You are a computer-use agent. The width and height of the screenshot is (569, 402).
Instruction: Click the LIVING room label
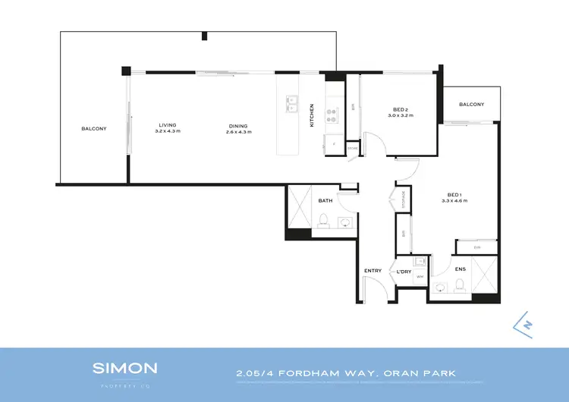point(168,125)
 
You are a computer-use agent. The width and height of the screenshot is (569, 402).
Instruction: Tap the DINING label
point(238,125)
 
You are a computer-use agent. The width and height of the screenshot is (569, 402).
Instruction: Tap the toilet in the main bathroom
point(323,221)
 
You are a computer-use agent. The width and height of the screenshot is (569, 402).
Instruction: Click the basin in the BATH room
point(344,223)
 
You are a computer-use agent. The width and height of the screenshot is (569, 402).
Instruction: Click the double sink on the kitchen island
point(291,104)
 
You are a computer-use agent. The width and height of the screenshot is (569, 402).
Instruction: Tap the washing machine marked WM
point(418,278)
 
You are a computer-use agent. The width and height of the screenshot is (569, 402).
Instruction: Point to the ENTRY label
point(373,271)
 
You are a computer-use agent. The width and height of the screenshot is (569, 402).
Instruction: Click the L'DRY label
point(404,271)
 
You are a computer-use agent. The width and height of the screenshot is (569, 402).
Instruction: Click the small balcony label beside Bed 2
point(470,104)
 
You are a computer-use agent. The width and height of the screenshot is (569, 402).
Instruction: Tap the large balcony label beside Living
point(94,128)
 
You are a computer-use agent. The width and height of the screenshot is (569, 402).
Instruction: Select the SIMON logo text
point(125,369)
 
